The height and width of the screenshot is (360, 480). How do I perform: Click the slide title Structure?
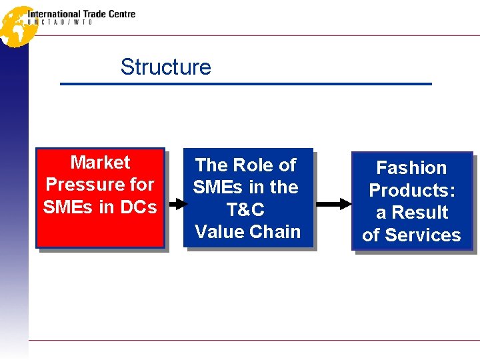[x=165, y=67]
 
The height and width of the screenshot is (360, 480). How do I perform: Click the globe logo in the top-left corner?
[x=16, y=26]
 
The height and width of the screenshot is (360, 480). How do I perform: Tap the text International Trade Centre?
[x=81, y=13]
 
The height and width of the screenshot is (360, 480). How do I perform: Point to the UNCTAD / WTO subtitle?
[x=60, y=23]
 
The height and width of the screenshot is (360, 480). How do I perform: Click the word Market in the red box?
[x=100, y=162]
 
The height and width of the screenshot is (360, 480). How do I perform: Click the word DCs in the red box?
[x=138, y=207]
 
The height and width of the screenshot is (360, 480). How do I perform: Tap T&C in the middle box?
[x=245, y=209]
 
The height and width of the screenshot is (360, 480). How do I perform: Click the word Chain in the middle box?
[x=276, y=232]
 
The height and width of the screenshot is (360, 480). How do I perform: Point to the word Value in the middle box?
[x=219, y=232]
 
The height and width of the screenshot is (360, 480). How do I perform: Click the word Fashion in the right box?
[x=411, y=167]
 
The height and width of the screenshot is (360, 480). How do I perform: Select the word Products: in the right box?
[x=412, y=190]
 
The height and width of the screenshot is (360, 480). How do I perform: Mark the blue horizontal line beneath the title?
[x=246, y=84]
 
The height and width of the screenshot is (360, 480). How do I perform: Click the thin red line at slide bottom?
[x=253, y=340]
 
